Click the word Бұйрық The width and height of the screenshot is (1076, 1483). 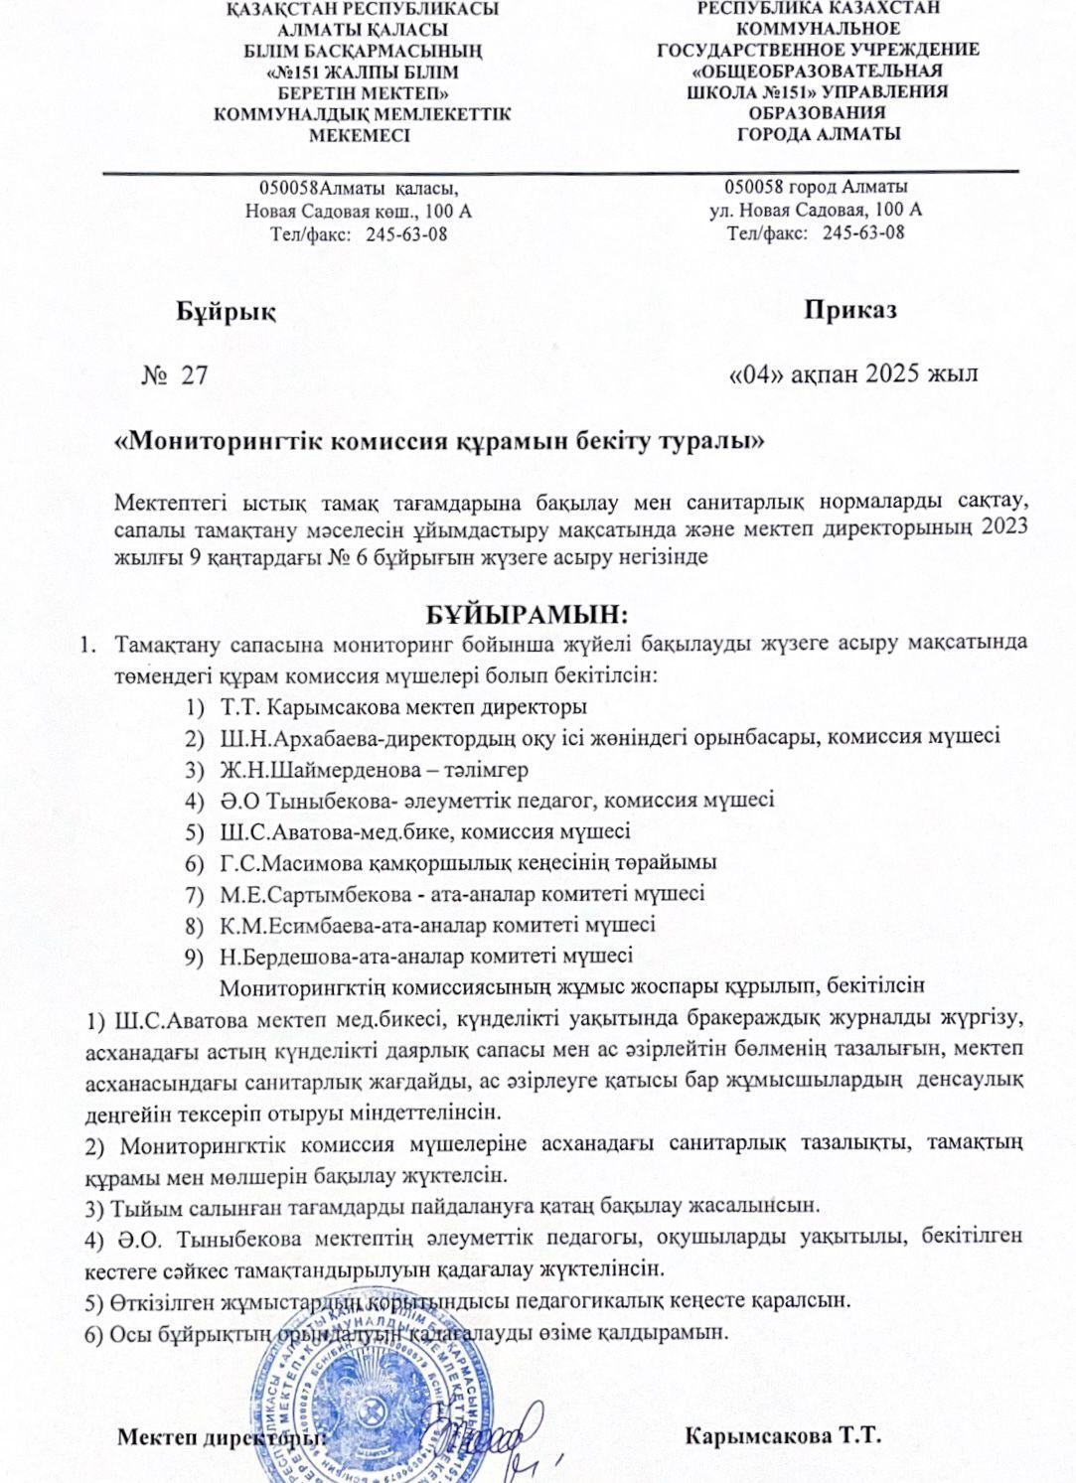tap(226, 311)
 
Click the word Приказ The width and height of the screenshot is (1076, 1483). tap(851, 309)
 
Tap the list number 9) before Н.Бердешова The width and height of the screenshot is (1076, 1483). tap(195, 957)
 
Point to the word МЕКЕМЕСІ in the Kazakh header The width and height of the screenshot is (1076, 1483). tap(360, 135)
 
